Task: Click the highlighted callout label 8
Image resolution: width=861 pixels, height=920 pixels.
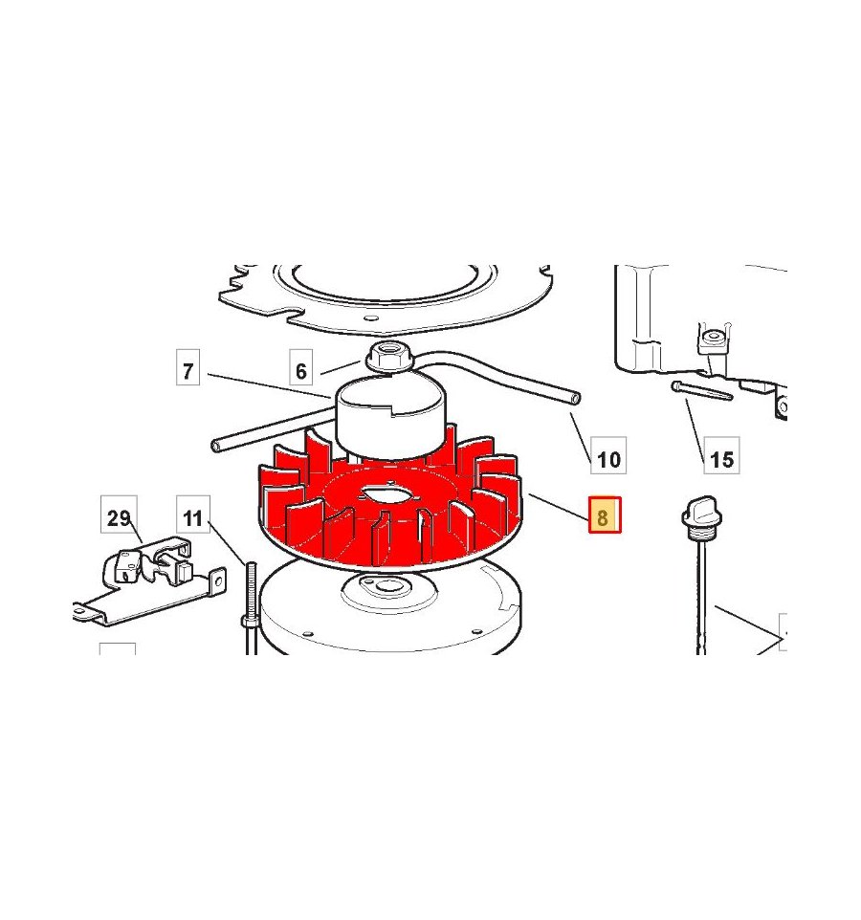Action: [605, 515]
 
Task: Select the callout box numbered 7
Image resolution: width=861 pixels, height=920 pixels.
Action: [188, 367]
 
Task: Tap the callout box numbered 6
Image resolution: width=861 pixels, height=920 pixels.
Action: [300, 367]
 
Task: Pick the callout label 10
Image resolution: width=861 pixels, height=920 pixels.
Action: [608, 455]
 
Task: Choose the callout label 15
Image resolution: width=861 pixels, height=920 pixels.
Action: [721, 455]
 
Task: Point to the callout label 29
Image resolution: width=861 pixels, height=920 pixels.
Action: [120, 514]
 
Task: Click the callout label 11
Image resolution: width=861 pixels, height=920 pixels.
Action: [193, 514]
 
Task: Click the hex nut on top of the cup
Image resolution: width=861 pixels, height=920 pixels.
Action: [386, 358]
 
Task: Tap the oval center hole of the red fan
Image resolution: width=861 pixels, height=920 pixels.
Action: [388, 493]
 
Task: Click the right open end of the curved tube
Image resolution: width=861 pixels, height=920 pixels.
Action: [576, 399]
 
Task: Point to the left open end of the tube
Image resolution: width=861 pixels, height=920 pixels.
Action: [215, 447]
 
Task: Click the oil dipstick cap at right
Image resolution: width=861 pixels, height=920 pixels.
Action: [702, 515]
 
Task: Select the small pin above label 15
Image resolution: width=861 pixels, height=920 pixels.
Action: [702, 390]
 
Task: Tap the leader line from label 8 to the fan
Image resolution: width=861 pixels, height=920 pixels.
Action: [559, 507]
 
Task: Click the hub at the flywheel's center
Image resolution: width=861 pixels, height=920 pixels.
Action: [388, 588]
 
